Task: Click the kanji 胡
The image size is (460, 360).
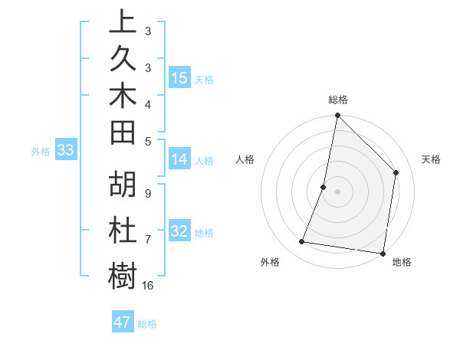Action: pos(123,187)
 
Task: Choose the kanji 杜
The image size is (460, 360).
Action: pos(123,231)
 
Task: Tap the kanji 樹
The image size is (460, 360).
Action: pos(123,275)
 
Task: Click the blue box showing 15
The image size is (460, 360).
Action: pos(179,78)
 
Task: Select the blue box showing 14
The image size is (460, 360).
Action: pos(179,159)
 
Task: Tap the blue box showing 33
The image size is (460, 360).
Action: pos(66,150)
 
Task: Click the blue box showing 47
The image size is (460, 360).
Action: pos(123,322)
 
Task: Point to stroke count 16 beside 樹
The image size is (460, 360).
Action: pos(148,286)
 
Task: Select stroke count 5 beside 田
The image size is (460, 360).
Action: pos(148,141)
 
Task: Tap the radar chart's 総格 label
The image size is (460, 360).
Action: pos(337,100)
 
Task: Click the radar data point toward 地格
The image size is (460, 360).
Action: pos(383,253)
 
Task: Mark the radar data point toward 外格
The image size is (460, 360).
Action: pos(302,242)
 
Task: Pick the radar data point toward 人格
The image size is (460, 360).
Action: pos(324,187)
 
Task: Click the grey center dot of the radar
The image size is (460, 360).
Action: pos(337,191)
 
